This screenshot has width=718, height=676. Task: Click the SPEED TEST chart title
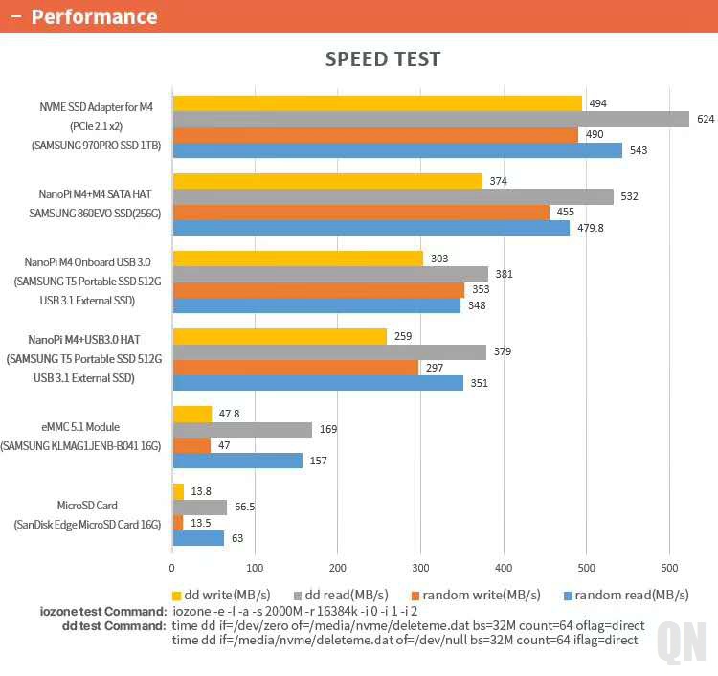[x=383, y=59]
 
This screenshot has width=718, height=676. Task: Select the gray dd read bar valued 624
[x=431, y=119]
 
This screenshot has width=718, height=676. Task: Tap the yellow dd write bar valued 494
[x=377, y=103]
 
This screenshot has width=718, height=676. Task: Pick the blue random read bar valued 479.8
[x=370, y=228]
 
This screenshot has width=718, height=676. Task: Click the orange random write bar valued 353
[x=318, y=290]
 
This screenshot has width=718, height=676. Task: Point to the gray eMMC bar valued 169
[x=242, y=430]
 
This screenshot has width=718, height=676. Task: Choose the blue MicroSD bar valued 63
[x=198, y=538]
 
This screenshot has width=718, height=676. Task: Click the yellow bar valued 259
[x=280, y=336]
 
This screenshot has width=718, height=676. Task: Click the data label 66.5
[x=244, y=507]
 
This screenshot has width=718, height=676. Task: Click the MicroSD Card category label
[x=87, y=506]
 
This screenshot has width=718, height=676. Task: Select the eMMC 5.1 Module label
[x=87, y=426]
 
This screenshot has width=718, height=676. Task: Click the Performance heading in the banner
[x=94, y=16]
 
